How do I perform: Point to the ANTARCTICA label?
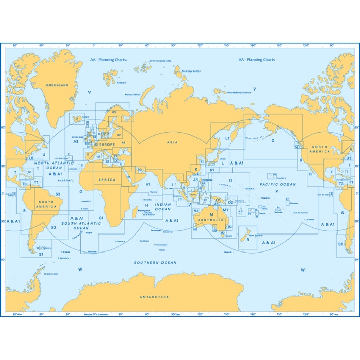(x=154, y=297)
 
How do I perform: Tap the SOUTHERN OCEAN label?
(x=155, y=263)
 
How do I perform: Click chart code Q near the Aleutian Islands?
(x=273, y=140)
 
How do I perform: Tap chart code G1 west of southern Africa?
(x=101, y=218)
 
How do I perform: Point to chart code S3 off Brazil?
(x=58, y=194)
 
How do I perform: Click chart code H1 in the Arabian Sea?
(x=147, y=184)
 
